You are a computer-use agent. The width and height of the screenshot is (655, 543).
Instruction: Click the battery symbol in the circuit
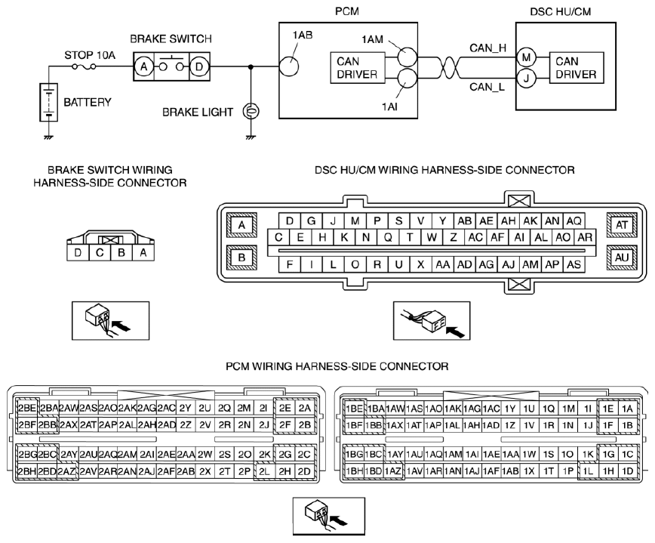click(x=48, y=103)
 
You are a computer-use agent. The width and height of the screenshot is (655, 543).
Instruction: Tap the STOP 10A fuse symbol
click(x=84, y=66)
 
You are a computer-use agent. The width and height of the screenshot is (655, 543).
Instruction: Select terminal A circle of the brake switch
click(x=143, y=66)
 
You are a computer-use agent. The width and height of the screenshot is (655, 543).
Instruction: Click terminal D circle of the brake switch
click(x=199, y=66)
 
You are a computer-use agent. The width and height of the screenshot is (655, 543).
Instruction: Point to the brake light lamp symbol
click(x=251, y=112)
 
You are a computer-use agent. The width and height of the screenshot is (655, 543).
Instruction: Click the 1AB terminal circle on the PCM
click(x=289, y=66)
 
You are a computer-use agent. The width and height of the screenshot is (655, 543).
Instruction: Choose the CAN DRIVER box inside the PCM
click(x=358, y=68)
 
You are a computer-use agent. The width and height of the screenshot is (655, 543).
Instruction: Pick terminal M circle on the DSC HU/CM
click(x=526, y=57)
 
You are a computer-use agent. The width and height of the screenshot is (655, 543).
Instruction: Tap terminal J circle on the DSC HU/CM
click(x=526, y=79)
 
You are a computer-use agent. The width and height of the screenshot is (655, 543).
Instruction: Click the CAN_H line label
click(x=487, y=48)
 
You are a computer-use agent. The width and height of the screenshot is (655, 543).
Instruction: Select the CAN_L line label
click(x=487, y=87)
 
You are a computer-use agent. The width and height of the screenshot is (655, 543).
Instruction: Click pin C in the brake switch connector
click(x=100, y=252)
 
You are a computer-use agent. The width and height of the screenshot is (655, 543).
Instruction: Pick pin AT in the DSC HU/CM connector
click(x=622, y=225)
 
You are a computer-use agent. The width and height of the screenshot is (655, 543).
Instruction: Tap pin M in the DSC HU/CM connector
click(x=355, y=221)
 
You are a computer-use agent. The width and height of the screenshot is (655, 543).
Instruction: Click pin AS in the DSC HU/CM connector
click(x=574, y=264)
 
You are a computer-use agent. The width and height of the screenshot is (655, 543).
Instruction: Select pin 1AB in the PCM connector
click(x=510, y=471)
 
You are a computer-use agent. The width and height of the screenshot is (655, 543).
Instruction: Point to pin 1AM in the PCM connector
click(x=453, y=455)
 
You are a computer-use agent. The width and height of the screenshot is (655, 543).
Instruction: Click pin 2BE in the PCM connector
click(x=27, y=408)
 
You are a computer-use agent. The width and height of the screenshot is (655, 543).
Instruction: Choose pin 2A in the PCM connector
click(x=305, y=408)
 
